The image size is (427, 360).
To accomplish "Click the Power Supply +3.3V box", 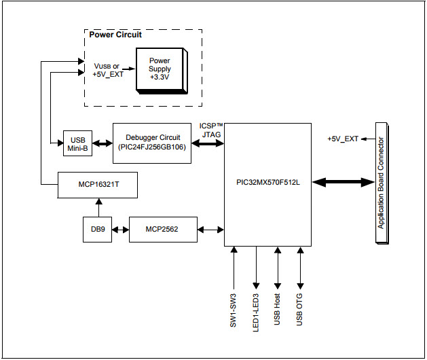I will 160,69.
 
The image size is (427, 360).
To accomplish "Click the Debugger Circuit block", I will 152,143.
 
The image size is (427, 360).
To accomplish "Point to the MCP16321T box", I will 98,184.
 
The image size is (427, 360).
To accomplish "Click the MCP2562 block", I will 162,230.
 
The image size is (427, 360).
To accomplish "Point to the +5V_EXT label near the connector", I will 343,139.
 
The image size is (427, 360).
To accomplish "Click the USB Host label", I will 278,309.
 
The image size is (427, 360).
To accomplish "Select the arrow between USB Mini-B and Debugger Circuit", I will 102,143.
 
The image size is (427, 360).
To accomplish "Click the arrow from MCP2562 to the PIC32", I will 211,230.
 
